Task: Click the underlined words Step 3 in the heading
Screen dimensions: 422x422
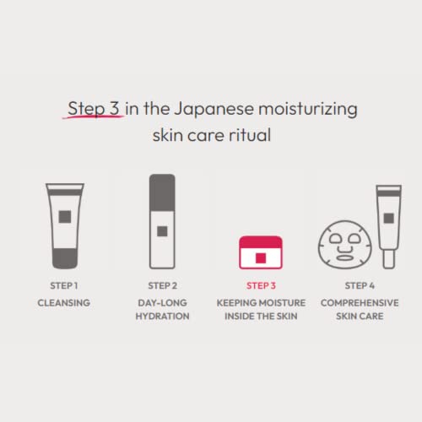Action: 95,110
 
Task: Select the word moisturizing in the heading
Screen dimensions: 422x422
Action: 311,110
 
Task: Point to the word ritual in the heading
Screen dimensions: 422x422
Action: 249,136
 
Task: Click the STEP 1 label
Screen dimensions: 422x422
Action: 64,285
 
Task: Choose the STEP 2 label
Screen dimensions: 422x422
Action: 162,285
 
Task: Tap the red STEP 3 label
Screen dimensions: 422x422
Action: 260,285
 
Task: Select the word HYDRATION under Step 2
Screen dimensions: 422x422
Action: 162,316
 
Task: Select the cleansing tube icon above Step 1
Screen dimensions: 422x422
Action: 64,225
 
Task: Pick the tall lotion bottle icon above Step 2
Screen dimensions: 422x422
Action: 162,221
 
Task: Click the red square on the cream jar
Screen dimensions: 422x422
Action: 261,256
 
